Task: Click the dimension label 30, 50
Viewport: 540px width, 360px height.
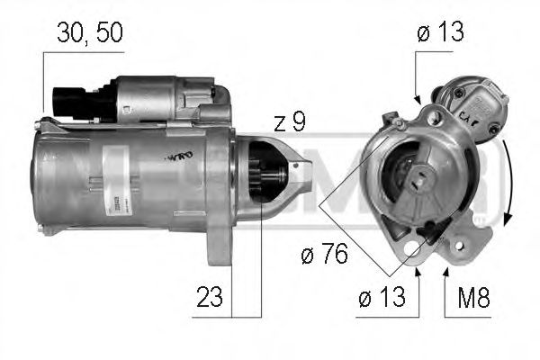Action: pyautogui.click(x=88, y=33)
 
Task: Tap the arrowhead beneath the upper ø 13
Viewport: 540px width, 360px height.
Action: pyautogui.click(x=417, y=96)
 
